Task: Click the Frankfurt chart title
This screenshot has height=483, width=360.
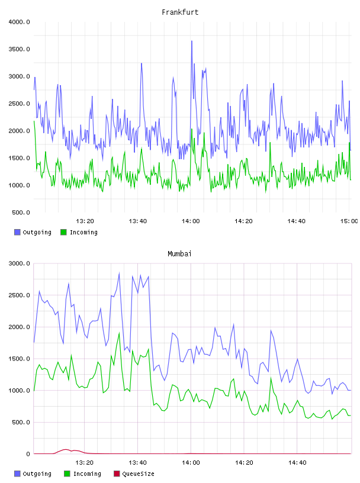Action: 180,12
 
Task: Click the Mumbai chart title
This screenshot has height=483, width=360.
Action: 179,254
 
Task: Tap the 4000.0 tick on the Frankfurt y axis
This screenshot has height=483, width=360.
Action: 19,22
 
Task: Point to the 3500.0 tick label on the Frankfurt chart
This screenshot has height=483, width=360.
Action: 19,49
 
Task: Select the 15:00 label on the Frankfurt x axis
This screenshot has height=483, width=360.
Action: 349,221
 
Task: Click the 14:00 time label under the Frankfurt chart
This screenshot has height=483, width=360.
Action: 191,221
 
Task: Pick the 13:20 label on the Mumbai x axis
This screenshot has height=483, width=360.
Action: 85,462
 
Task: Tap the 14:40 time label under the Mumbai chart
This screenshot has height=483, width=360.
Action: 297,462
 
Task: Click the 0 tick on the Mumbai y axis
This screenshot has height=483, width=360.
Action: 28,454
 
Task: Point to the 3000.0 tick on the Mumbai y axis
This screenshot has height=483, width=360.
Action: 19,263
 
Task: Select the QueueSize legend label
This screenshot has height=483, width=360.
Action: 138,474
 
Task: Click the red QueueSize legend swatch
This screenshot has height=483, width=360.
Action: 117,474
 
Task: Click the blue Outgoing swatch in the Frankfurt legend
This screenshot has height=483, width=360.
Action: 17,232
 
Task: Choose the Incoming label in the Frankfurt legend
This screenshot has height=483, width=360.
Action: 83,232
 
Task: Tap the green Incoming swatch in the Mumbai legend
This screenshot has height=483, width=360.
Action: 67,474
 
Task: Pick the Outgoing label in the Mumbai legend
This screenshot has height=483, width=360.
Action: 37,474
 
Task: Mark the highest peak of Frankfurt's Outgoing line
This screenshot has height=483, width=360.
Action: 192,41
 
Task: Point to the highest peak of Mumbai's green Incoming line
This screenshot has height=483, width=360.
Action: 119,333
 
